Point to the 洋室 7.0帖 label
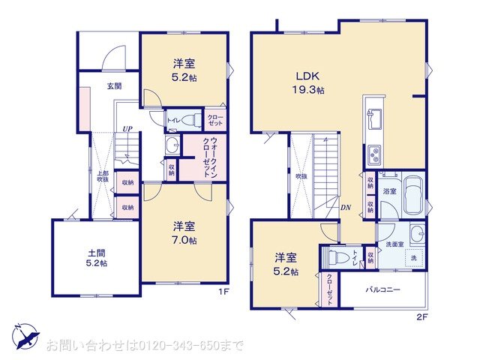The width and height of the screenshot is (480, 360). click(184, 232)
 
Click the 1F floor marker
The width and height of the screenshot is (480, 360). click(223, 291)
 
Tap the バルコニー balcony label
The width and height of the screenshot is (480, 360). click(382, 289)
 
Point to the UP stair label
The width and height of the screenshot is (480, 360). click(127, 129)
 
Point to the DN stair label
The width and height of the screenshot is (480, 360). click(346, 208)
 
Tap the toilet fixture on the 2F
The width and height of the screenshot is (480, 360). click(339, 258)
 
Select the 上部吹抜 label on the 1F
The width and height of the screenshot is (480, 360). click(102, 176)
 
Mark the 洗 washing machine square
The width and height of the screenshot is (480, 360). click(413, 259)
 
